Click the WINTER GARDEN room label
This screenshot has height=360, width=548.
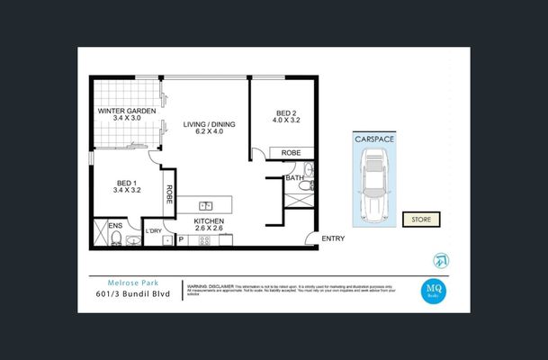[127, 111]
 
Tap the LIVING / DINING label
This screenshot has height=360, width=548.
[208, 124]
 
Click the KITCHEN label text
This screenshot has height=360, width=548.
[208, 220]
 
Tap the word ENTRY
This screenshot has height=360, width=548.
[332, 238]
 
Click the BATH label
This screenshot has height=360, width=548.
[294, 178]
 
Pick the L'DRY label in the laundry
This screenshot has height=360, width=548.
[154, 231]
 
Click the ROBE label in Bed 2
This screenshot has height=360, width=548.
[290, 154]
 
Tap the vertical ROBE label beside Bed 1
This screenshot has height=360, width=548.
[168, 193]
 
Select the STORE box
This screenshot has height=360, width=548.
[420, 219]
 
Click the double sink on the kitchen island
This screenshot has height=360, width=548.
[206, 204]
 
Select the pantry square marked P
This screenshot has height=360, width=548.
[180, 239]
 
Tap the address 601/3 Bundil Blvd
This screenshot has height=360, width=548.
[131, 293]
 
